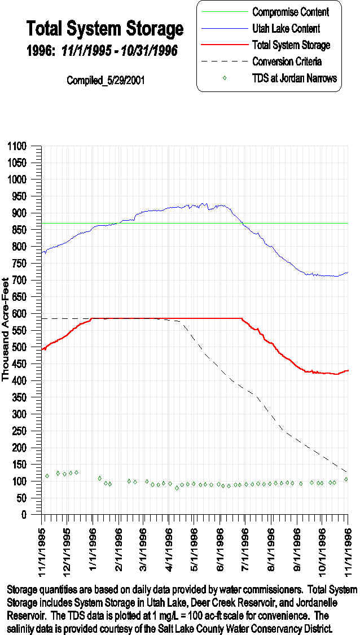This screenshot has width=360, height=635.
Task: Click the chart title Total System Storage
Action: [105, 28]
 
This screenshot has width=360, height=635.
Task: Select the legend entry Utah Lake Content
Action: [286, 28]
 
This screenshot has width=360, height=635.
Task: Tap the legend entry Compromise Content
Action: [290, 12]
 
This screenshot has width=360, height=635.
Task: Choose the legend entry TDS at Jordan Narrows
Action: [294, 78]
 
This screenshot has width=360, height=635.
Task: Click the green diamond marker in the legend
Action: [225, 78]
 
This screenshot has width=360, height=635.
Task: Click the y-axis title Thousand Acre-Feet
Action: [6, 329]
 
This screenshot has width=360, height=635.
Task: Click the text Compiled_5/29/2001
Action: [106, 80]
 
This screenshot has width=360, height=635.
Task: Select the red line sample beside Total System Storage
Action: [225, 45]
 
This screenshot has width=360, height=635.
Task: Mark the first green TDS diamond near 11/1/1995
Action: [47, 476]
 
